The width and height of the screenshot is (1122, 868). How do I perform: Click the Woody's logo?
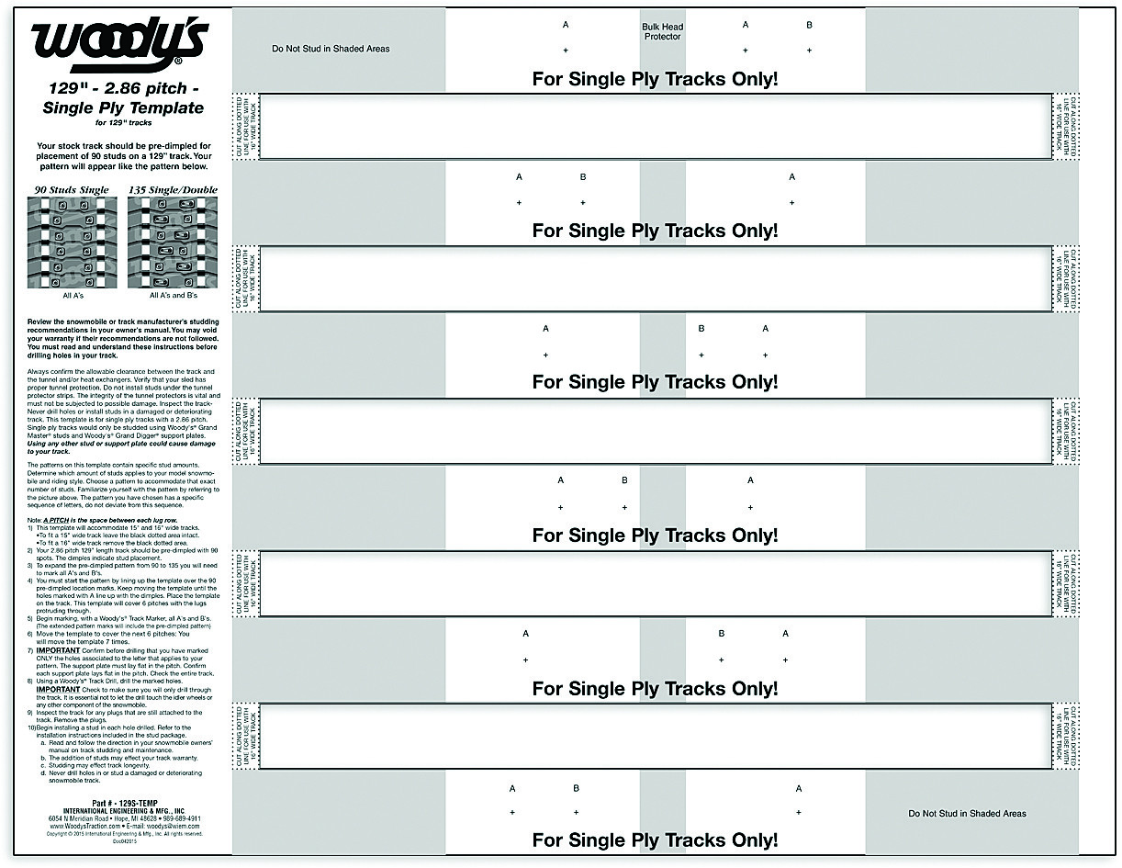(120, 44)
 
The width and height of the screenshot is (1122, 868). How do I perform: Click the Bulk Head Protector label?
(662, 31)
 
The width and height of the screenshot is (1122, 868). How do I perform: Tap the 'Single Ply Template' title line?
(123, 107)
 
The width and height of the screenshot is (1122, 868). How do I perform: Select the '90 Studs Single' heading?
(72, 190)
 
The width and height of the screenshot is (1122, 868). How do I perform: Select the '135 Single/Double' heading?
(173, 190)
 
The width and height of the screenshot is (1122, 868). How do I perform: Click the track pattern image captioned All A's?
(73, 242)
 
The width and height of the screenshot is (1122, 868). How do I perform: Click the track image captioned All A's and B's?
(173, 242)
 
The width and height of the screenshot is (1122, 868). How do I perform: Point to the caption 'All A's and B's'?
(173, 296)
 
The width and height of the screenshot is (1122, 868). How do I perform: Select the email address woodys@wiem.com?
(167, 826)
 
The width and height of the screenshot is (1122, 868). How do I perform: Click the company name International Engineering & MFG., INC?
(123, 810)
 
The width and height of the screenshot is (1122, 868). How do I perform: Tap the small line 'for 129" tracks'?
(123, 122)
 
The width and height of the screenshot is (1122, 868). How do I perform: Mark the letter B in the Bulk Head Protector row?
(809, 26)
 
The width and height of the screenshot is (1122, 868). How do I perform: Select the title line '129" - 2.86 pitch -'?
(123, 89)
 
